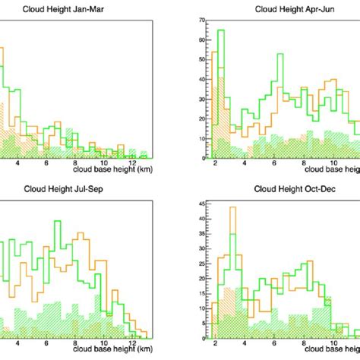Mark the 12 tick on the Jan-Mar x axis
(x=133, y=163)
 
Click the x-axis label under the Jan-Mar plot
(x=113, y=170)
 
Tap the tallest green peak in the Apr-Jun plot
(x=221, y=31)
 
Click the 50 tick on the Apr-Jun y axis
(x=201, y=59)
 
